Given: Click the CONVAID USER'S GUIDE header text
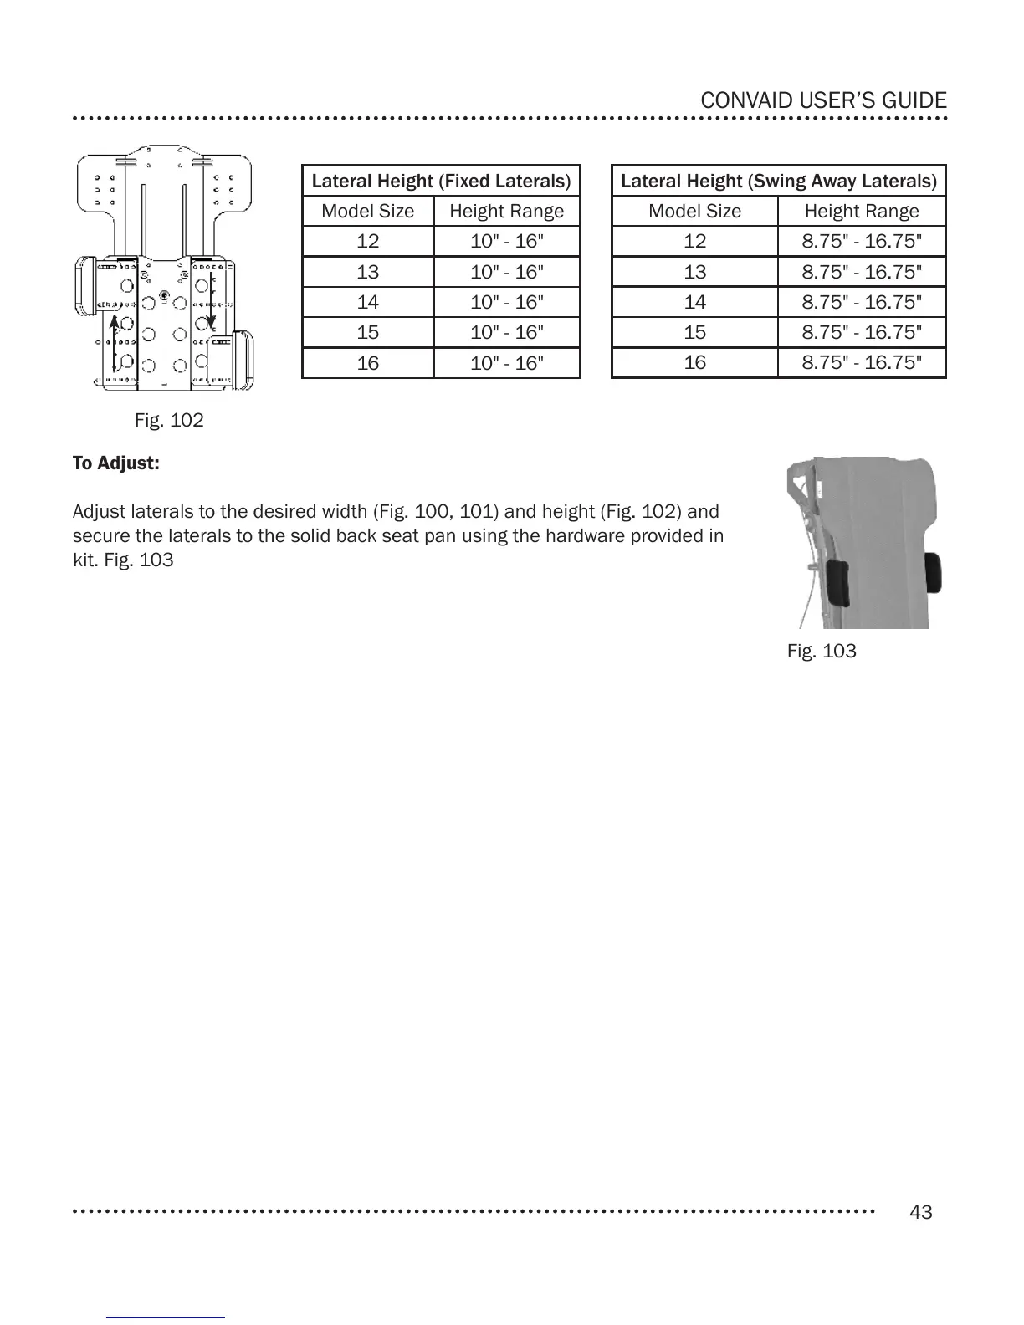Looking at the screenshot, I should pos(823,101).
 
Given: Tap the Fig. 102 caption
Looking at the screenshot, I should pos(169,420).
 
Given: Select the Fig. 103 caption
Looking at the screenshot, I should pos(822,651).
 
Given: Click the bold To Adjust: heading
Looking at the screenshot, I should pos(115,463).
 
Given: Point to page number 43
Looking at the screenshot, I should pos(920,1212).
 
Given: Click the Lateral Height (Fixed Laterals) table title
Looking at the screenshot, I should pos(441,181).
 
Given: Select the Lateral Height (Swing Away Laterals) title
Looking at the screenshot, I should pos(778,181).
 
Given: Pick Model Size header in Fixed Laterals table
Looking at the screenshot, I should pos(367,211).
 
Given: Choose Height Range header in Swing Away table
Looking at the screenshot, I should pos(862,211).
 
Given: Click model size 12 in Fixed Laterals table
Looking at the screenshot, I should pos(367,242).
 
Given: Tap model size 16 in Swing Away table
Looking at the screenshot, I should pos(694,362).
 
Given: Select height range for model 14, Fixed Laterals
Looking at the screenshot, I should pos(506,302).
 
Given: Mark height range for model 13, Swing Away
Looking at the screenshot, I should pos(862,272).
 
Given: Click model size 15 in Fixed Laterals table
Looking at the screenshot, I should pos(367,332).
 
